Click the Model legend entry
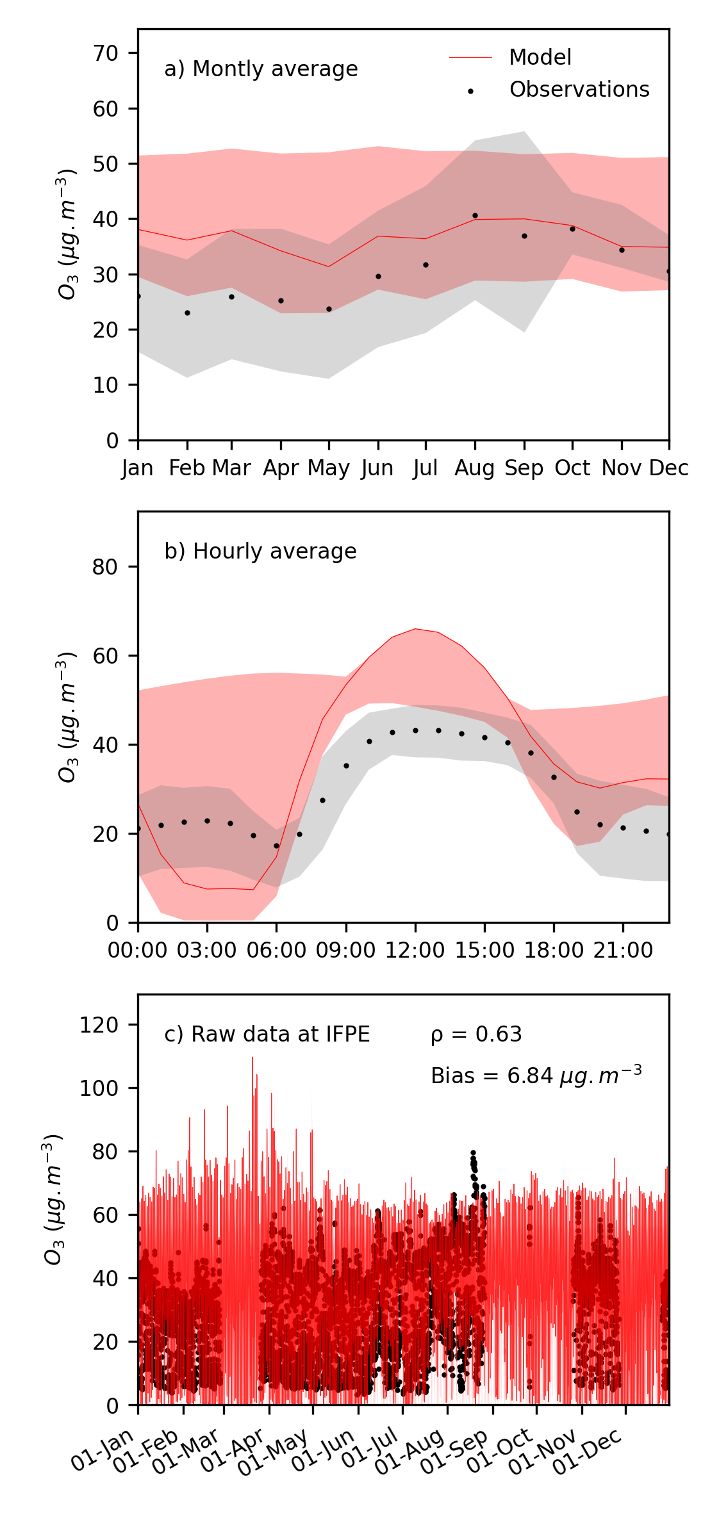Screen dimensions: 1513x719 pyautogui.click(x=540, y=58)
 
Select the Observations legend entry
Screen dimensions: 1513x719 pyautogui.click(x=579, y=90)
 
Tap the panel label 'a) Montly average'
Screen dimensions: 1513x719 pyautogui.click(x=261, y=69)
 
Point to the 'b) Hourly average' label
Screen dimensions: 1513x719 pyautogui.click(x=260, y=552)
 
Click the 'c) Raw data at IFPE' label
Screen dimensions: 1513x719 pyautogui.click(x=267, y=1035)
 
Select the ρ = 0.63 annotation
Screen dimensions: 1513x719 pyautogui.click(x=476, y=1035)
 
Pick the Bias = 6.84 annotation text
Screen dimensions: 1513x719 pyautogui.click(x=536, y=1075)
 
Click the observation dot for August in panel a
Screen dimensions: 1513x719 pyautogui.click(x=475, y=216)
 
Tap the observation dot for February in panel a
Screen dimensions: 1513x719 pyautogui.click(x=187, y=313)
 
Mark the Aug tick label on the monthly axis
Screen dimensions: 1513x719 pyautogui.click(x=474, y=469)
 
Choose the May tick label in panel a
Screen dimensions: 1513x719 pyautogui.click(x=329, y=469)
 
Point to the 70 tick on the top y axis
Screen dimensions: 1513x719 pyautogui.click(x=106, y=53)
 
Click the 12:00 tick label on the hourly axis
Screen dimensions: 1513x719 pyautogui.click(x=415, y=950)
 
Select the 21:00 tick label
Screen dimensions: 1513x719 pyautogui.click(x=623, y=950)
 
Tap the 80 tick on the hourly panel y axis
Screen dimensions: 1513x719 pyautogui.click(x=106, y=567)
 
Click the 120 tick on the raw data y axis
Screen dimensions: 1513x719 pyautogui.click(x=99, y=1026)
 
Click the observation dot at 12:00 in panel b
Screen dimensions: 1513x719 pyautogui.click(x=415, y=731)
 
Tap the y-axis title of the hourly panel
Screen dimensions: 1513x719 pyautogui.click(x=67, y=717)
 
